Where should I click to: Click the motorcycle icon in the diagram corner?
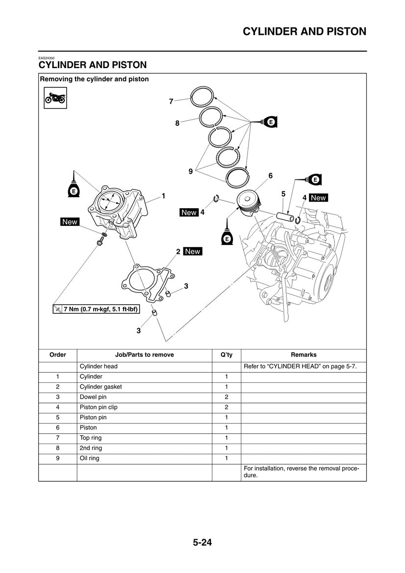[x=55, y=98]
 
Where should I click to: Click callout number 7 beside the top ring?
[x=171, y=101]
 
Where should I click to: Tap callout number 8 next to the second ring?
[x=177, y=124]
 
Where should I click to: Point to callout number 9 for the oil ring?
[x=190, y=171]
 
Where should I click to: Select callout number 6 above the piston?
[x=270, y=175]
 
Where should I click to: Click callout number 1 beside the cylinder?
[x=163, y=196]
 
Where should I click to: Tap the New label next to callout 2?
[x=192, y=251]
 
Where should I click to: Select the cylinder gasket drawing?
[x=146, y=281]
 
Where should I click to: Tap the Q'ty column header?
[x=227, y=354]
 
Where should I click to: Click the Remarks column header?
[x=304, y=354]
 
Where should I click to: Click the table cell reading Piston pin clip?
[x=99, y=407]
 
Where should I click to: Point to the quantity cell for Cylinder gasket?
[x=227, y=387]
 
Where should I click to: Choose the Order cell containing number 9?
[x=58, y=458]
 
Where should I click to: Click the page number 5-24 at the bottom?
[x=202, y=543]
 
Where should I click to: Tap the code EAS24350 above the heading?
[x=47, y=58]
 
